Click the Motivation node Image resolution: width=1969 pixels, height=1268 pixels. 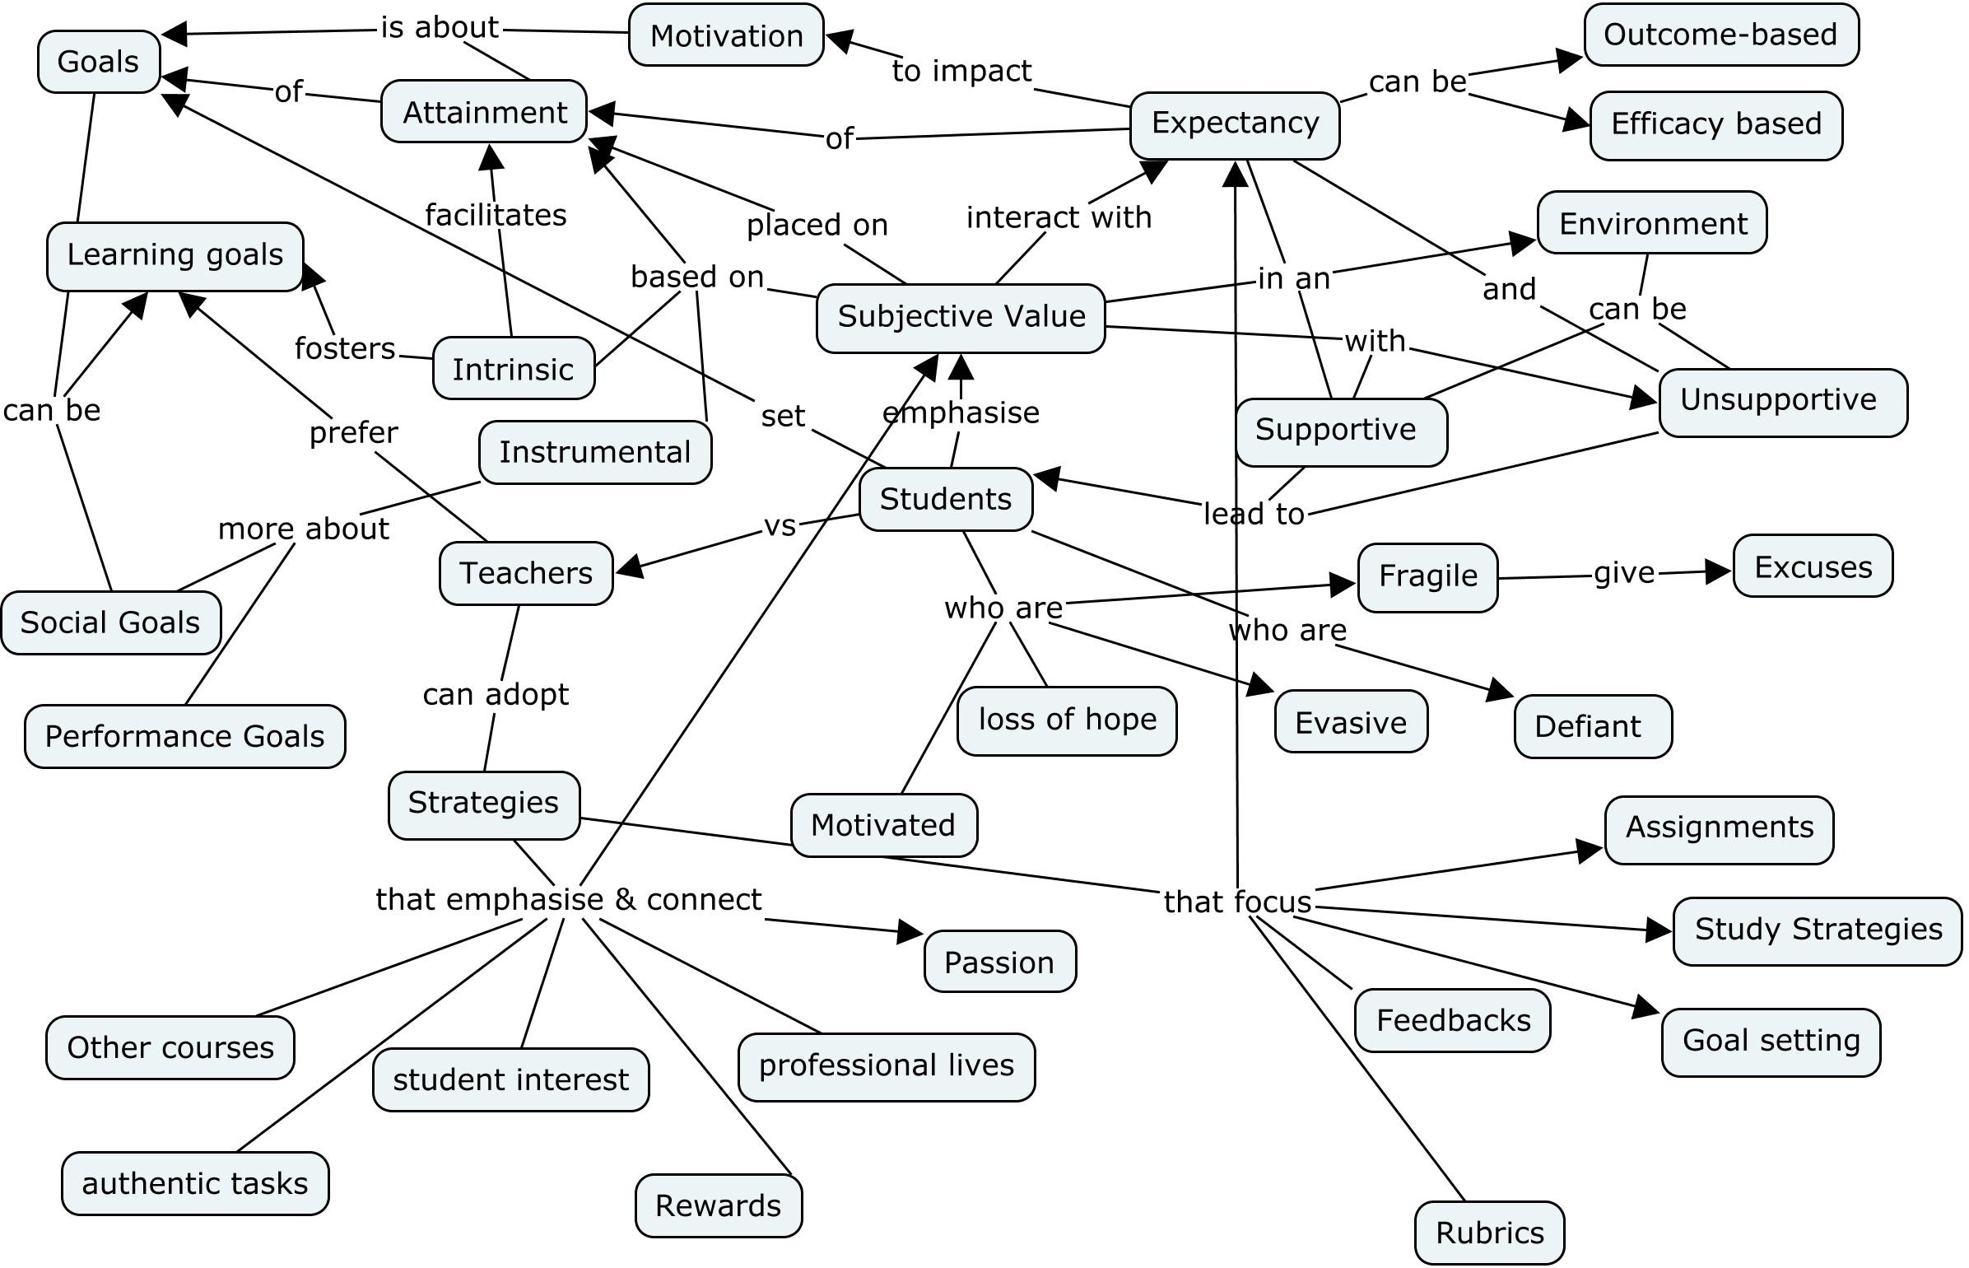tap(725, 35)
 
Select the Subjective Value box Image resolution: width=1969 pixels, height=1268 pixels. tap(960, 317)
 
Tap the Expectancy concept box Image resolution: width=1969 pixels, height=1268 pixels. tap(1234, 124)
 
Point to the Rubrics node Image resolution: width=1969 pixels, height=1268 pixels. tap(1488, 1233)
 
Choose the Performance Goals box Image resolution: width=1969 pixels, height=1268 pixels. tap(184, 735)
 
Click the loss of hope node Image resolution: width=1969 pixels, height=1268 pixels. tap(1066, 720)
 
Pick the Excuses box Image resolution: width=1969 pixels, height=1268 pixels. tap(1813, 566)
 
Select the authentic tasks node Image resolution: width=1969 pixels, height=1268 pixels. tap(195, 1183)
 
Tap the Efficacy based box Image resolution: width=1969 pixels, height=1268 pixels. tap(1715, 124)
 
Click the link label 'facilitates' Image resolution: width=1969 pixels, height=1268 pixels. tap(496, 215)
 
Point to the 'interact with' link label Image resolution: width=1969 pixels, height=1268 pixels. tap(1058, 217)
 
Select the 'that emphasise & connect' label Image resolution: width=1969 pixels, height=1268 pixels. tap(568, 899)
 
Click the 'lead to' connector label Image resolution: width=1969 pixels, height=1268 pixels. tap(1253, 514)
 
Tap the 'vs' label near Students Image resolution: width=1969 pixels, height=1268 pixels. tap(780, 525)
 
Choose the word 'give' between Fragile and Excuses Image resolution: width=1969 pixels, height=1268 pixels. tap(1622, 573)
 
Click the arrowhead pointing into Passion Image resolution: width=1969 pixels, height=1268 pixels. tap(910, 931)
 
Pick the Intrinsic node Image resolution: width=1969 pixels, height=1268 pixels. tap(512, 369)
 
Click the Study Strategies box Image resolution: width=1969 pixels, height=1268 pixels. tap(1817, 930)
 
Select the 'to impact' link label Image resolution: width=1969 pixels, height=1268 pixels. tap(961, 72)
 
